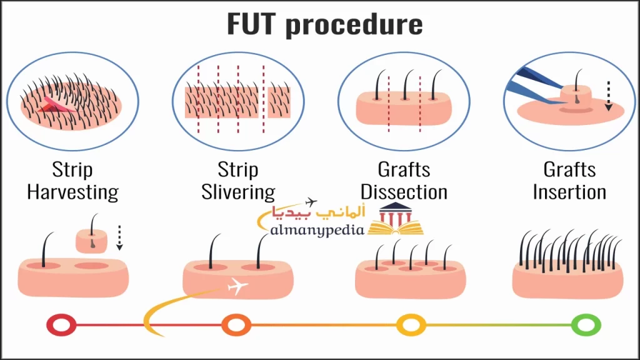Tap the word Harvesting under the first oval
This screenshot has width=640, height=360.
72,192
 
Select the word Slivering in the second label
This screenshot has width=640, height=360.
238,192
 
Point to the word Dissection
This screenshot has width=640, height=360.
404,192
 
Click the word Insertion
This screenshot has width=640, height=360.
569,192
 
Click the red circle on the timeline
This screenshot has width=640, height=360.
61,325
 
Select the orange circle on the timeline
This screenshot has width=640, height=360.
236,325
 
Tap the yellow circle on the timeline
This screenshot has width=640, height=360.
411,325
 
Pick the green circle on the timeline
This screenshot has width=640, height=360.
586,325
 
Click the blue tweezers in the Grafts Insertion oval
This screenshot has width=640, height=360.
529,88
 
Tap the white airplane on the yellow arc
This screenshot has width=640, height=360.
238,287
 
